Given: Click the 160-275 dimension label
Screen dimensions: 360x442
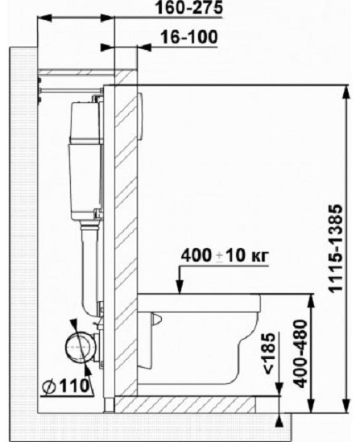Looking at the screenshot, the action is click(x=189, y=7).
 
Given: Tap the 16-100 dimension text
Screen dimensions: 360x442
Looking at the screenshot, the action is click(x=189, y=37).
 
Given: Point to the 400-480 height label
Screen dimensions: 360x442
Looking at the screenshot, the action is click(x=300, y=353).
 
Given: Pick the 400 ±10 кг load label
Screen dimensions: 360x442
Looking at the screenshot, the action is click(x=225, y=256).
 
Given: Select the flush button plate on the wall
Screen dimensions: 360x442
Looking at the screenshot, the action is click(x=140, y=116).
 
